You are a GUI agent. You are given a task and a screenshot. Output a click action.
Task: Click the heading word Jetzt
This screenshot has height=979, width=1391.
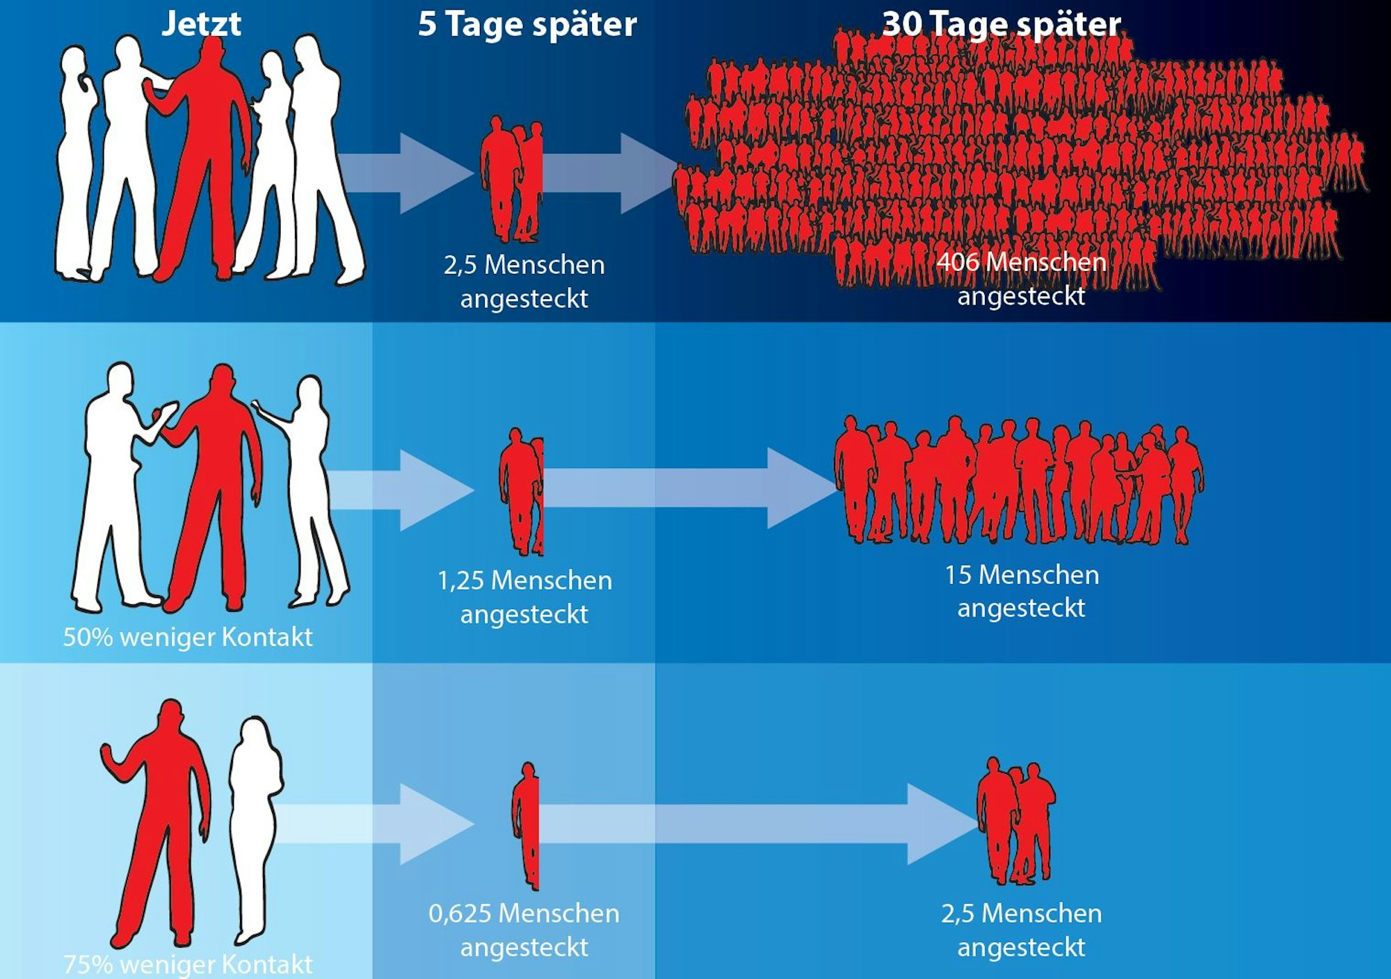(x=201, y=24)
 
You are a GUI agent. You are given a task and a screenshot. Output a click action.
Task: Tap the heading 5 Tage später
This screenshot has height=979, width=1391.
(x=526, y=24)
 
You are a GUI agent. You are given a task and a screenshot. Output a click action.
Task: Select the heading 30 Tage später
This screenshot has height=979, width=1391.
(x=1001, y=24)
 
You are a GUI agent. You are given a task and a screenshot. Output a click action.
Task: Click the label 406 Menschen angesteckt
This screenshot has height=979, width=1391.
(x=1021, y=279)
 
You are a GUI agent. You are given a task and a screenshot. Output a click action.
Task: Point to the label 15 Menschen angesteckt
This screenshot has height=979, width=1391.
(x=1021, y=591)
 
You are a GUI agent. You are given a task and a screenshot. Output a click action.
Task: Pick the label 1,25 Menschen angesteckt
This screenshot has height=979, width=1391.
(x=524, y=597)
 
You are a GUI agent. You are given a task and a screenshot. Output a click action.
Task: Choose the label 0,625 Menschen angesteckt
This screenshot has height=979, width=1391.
(x=524, y=930)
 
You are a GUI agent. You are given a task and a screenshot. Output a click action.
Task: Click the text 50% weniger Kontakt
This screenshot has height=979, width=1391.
(x=188, y=637)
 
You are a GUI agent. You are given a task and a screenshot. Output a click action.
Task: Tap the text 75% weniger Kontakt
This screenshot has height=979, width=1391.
(x=188, y=964)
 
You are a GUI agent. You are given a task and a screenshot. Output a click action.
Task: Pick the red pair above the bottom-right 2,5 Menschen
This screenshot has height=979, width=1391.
(x=1015, y=820)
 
